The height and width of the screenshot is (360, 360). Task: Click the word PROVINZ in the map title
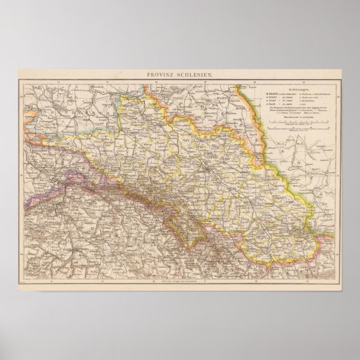coord(163,75)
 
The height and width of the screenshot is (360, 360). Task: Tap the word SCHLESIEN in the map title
coord(192,75)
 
